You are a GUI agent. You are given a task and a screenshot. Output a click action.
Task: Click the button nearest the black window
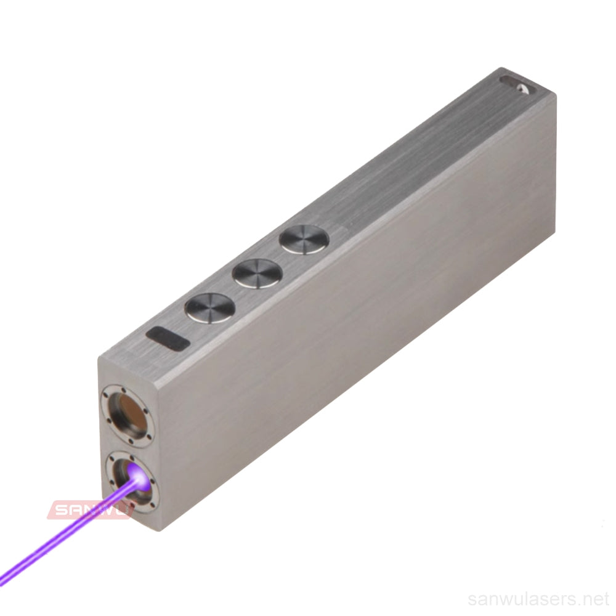click(x=210, y=308)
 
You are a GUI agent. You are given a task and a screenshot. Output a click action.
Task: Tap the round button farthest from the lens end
click(x=304, y=240)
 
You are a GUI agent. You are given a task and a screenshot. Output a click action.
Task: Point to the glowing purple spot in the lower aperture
click(x=138, y=475)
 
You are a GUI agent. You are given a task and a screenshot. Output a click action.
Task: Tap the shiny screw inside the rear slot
click(x=524, y=88)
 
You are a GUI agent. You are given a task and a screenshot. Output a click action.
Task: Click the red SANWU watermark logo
click(x=89, y=509)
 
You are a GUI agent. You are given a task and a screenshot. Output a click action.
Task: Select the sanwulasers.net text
click(x=538, y=599)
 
